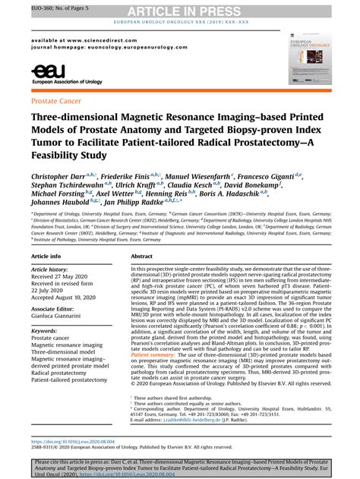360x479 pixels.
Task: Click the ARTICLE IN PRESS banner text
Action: [179, 10]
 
